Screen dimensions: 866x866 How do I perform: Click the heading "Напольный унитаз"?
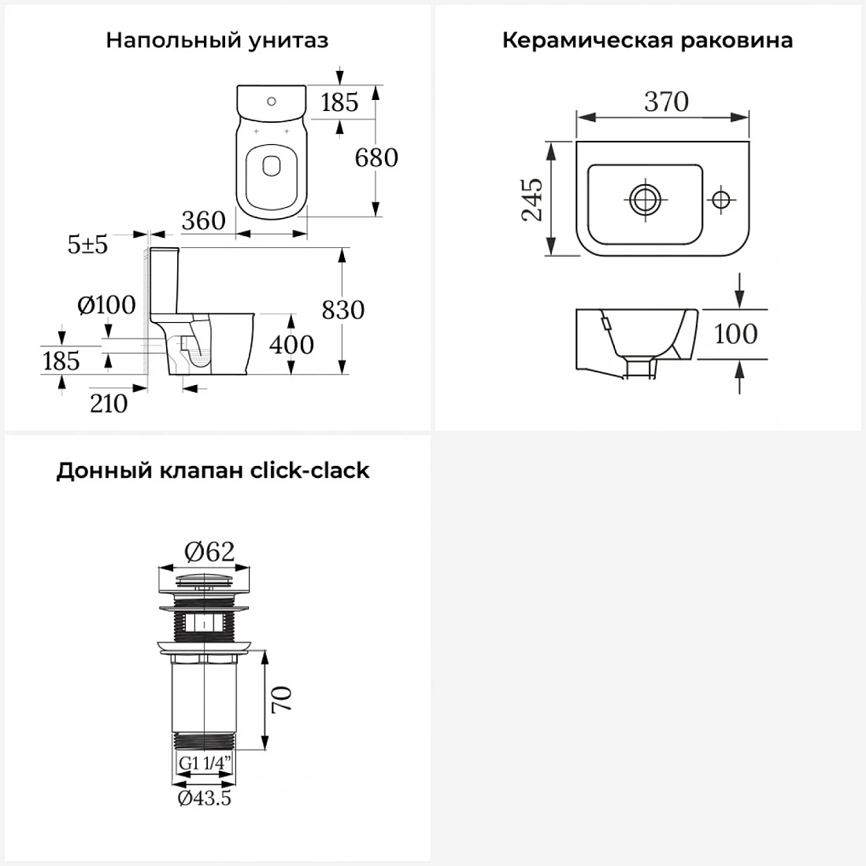[217, 40]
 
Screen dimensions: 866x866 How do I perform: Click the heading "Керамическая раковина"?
[647, 40]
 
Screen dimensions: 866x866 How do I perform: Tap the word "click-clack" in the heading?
[310, 471]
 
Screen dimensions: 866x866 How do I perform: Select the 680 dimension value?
[376, 157]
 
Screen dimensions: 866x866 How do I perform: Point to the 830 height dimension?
[343, 310]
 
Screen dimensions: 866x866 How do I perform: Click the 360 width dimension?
[203, 221]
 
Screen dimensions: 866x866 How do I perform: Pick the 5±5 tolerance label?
[88, 244]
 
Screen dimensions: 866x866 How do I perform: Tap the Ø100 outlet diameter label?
[106, 305]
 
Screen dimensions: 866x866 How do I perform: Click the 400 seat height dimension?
[291, 345]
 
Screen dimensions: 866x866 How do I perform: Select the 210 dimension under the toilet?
[109, 404]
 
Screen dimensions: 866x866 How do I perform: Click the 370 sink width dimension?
[667, 102]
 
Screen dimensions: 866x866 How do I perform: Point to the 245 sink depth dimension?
[532, 199]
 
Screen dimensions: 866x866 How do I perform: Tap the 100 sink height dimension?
[735, 334]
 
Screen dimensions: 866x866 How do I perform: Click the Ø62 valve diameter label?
[209, 551]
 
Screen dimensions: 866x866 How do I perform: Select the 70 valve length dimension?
[282, 699]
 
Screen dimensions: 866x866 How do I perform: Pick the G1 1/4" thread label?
[205, 764]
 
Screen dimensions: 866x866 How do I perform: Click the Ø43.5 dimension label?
[205, 798]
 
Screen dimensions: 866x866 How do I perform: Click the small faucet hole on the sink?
[720, 199]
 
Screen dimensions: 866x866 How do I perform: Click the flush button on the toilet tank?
[271, 102]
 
